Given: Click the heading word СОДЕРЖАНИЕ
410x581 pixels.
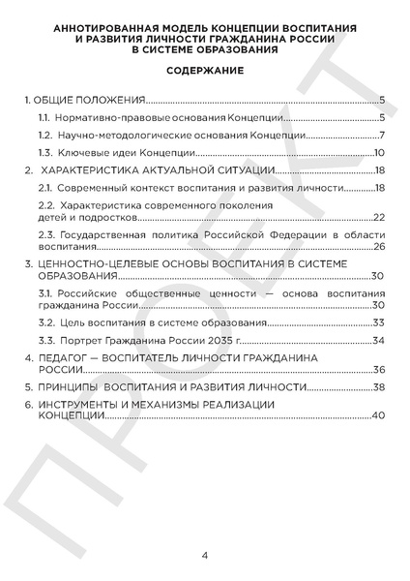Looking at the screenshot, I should [x=204, y=71].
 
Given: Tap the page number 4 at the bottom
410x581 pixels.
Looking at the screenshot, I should [x=205, y=556].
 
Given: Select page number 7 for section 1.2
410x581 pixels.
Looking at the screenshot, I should [x=383, y=135].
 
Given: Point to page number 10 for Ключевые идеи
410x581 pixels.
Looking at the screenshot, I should [x=380, y=153].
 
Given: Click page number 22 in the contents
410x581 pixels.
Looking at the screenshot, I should [x=380, y=216].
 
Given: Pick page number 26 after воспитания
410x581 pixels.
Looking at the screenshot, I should [x=380, y=247].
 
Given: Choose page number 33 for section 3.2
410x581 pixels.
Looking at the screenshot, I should [x=380, y=322].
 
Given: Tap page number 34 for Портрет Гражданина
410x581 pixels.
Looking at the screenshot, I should [x=380, y=340].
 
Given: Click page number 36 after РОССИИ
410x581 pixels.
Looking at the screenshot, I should [x=380, y=370].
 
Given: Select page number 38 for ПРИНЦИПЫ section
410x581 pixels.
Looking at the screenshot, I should [x=380, y=387].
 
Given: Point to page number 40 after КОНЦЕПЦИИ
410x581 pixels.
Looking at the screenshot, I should [x=380, y=415].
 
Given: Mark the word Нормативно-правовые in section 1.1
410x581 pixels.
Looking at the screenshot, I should [x=95, y=117].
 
